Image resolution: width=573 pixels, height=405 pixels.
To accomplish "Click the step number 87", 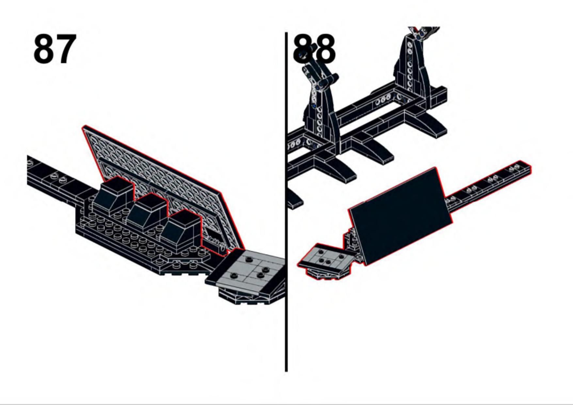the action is click(55, 49).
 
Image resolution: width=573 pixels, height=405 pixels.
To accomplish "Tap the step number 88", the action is click(314, 49).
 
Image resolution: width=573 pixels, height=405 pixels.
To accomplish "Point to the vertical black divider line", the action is click(286, 202).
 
